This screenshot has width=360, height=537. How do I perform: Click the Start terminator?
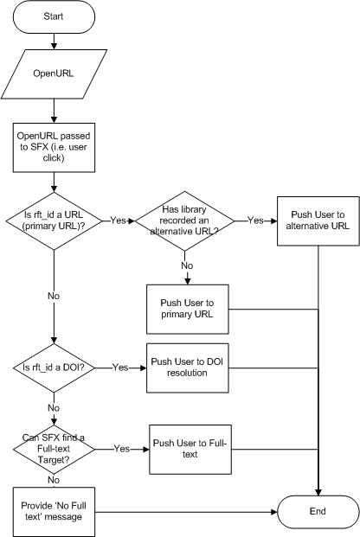pyautogui.click(x=54, y=16)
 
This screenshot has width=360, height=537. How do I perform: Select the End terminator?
pyautogui.click(x=318, y=512)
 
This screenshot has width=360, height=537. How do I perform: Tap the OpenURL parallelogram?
pyautogui.click(x=54, y=74)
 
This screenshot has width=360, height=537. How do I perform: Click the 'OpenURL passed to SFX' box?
pyautogui.click(x=54, y=147)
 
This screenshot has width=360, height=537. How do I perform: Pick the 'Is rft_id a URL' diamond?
pyautogui.click(x=54, y=221)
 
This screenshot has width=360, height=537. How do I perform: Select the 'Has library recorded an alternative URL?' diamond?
pyautogui.click(x=185, y=221)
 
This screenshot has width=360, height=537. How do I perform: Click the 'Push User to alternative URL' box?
pyautogui.click(x=318, y=221)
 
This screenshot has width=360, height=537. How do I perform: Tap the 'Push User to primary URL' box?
pyautogui.click(x=188, y=309)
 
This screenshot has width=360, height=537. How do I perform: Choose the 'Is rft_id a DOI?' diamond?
pyautogui.click(x=54, y=368)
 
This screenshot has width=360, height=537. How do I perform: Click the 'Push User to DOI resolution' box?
pyautogui.click(x=188, y=368)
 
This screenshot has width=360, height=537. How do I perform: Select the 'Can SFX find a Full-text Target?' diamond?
pyautogui.click(x=54, y=449)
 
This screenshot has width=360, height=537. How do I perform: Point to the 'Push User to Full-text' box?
pyautogui.click(x=190, y=450)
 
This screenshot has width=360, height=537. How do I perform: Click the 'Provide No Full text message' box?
pyautogui.click(x=54, y=512)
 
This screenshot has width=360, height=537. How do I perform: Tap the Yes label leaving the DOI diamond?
pyautogui.click(x=120, y=368)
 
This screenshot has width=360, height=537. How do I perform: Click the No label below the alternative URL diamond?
pyautogui.click(x=187, y=265)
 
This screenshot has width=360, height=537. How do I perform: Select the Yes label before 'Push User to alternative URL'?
pyautogui.click(x=256, y=221)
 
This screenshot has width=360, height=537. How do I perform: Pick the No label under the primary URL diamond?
pyautogui.click(x=54, y=296)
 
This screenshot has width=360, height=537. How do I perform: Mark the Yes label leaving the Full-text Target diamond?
pyautogui.click(x=122, y=449)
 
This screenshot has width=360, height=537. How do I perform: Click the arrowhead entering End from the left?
pyautogui.click(x=274, y=512)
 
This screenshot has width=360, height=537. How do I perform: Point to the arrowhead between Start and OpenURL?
pyautogui.click(x=54, y=46)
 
